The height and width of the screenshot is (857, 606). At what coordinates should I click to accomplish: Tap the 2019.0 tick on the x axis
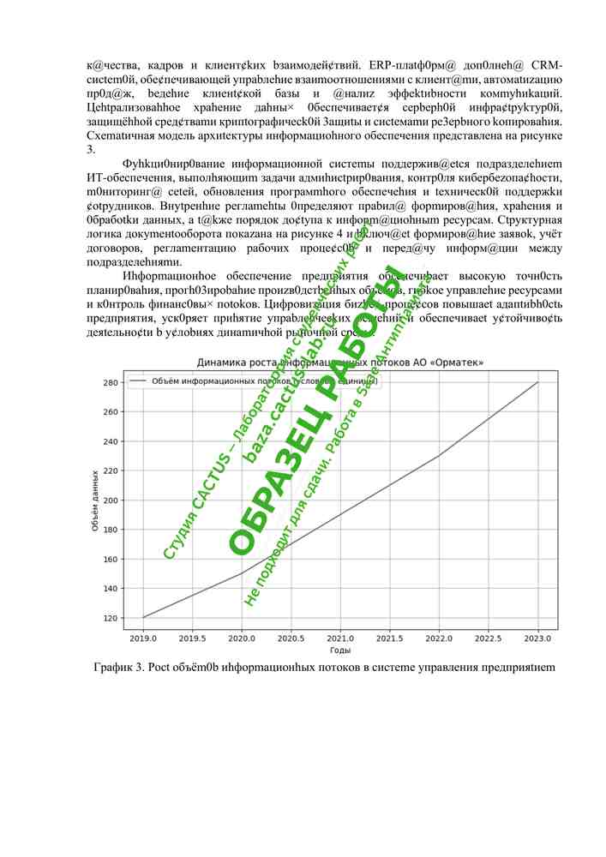(x=143, y=638)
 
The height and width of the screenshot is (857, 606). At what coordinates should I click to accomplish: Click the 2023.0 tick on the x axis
(x=538, y=638)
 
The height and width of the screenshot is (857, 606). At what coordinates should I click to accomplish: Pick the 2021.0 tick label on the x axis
(x=341, y=638)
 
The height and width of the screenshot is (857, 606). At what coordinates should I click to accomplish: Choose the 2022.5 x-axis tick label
(x=489, y=638)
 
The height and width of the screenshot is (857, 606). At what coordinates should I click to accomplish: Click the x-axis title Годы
(x=340, y=651)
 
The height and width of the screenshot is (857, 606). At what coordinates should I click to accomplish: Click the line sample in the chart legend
(x=138, y=381)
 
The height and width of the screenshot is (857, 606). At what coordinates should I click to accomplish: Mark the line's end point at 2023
(x=538, y=382)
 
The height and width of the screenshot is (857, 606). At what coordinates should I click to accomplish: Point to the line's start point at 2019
(x=143, y=617)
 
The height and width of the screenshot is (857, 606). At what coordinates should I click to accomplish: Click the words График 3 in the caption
(x=119, y=668)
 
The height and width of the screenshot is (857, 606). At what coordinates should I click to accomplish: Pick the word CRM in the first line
(x=546, y=65)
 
